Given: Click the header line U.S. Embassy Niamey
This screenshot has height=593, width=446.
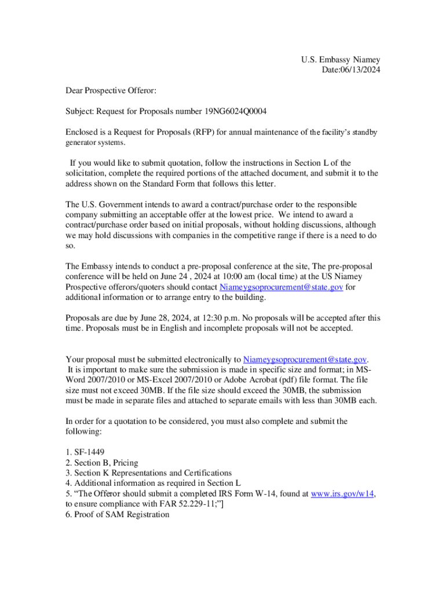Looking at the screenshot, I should click(340, 60).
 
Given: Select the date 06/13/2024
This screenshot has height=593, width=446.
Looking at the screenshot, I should click(359, 70).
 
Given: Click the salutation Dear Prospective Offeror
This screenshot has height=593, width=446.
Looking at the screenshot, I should click(111, 90).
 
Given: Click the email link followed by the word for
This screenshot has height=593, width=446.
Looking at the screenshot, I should click(281, 287).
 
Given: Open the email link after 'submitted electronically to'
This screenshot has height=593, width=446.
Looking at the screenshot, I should click(305, 359).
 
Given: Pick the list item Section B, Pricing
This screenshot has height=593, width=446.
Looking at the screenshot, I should click(101, 462).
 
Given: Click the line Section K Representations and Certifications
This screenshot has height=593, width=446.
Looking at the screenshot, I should click(148, 473).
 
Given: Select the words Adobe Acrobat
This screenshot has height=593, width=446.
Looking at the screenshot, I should click(248, 379).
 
